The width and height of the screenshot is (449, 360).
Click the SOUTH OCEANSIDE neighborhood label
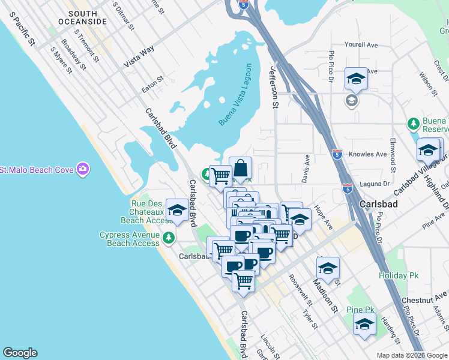pos(87,17)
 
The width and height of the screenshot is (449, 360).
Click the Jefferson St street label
pos(275,87)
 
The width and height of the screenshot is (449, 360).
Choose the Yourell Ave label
pos(361,44)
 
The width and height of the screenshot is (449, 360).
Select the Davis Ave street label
pos(306,170)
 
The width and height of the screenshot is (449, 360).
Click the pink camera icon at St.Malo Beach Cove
pos(83,170)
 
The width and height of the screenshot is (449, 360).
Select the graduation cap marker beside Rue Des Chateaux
pos(176,211)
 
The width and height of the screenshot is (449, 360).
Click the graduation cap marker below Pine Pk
pos(364,325)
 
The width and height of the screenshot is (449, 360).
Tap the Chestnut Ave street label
pos(424,298)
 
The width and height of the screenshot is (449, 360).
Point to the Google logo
pos(20,353)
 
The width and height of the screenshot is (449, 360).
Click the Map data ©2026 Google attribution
pos(411,355)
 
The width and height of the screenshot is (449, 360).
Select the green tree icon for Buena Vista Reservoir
pos(413,124)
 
